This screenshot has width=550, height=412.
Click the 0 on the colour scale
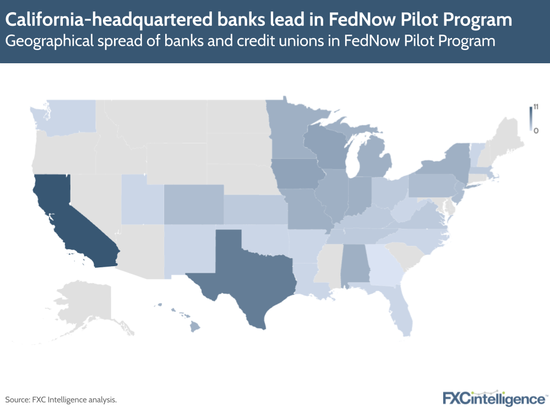[535, 130]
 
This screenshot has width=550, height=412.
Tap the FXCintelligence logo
[494, 398]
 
